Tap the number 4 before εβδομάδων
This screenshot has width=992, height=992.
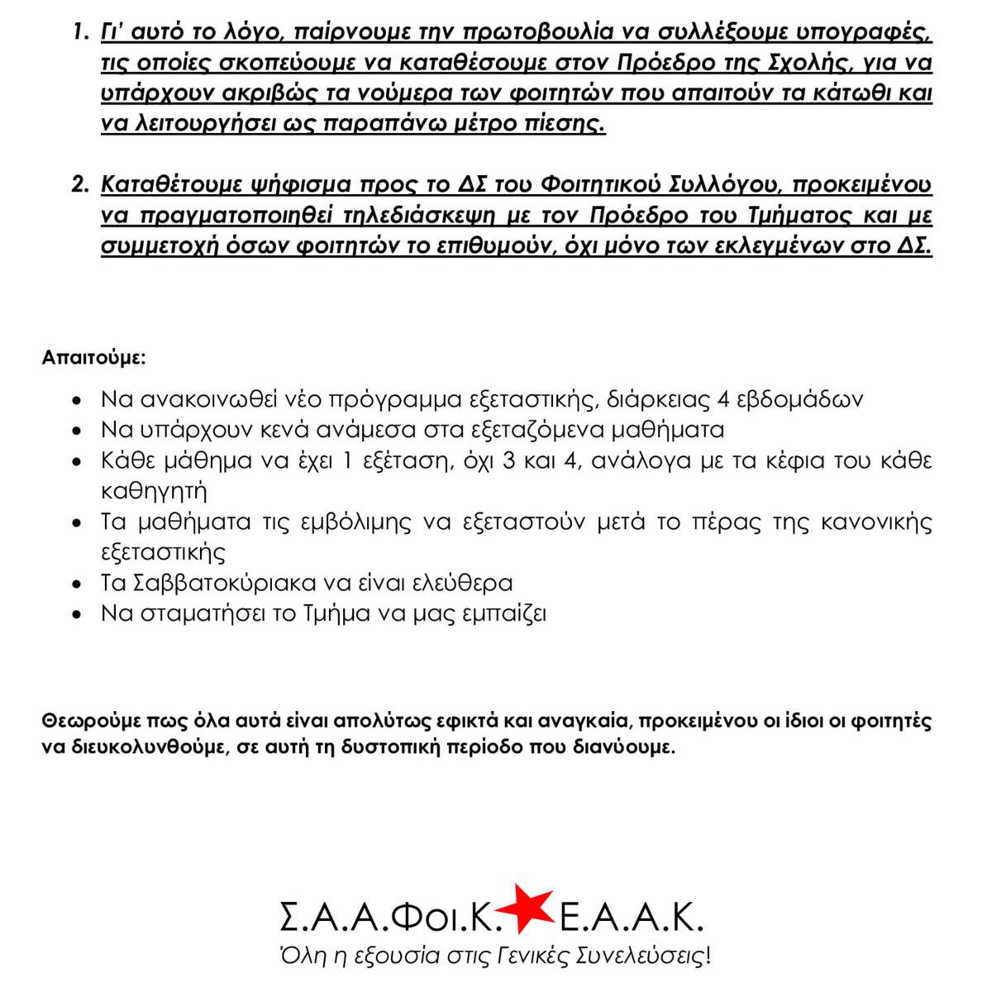tap(723, 399)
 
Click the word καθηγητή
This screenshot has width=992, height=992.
tap(154, 491)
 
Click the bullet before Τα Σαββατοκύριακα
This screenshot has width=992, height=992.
tap(77, 584)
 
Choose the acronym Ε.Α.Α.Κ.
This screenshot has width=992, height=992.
tap(631, 917)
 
